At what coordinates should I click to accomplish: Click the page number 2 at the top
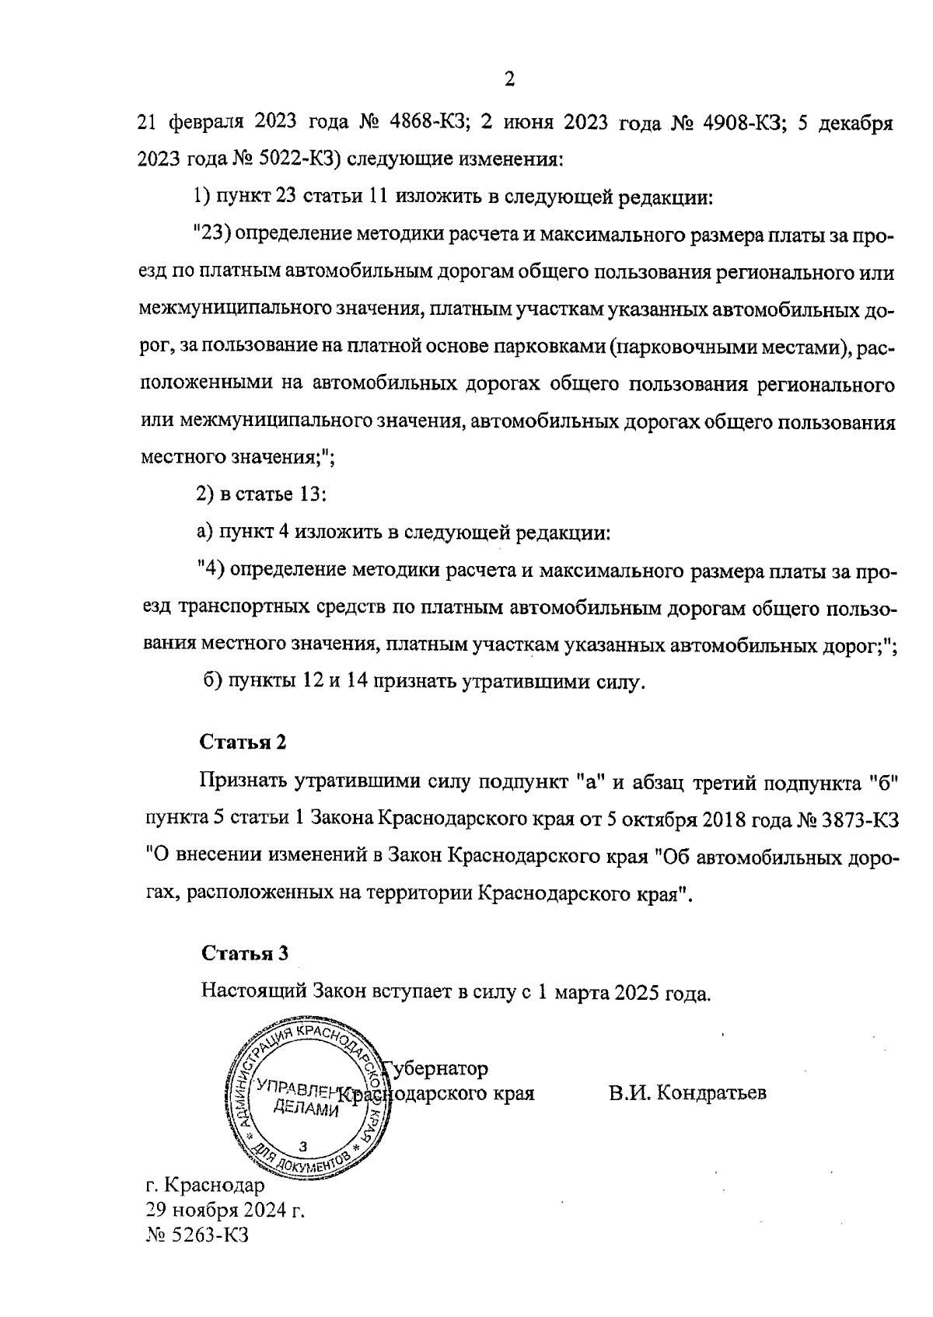[x=509, y=79]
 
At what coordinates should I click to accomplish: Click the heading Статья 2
[x=243, y=742]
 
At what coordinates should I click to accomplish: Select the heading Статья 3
[x=245, y=953]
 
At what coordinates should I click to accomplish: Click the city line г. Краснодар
[x=205, y=1186]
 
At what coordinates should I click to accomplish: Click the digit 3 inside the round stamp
[x=303, y=1147]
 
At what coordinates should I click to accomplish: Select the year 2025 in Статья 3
[x=638, y=993]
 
